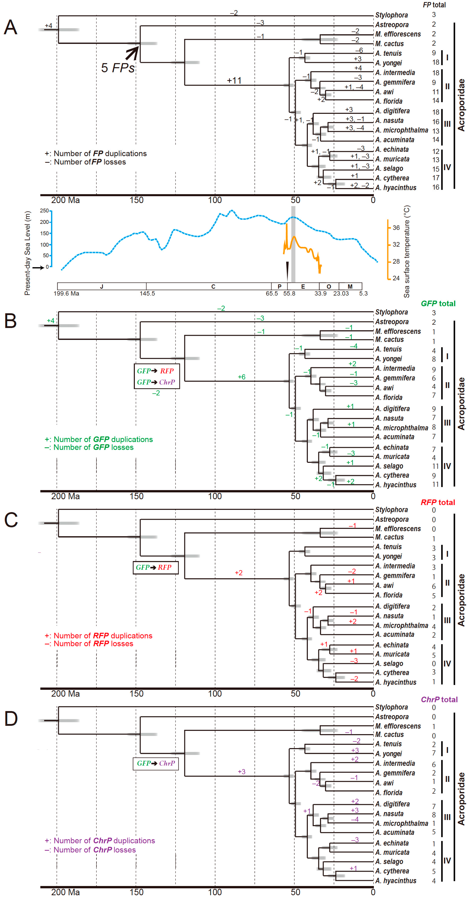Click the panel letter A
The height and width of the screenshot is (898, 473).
tap(11, 27)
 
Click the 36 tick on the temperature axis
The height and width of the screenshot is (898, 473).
tap(396, 228)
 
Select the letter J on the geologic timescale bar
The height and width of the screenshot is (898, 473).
tap(101, 286)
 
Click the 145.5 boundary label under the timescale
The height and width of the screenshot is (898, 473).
tap(147, 293)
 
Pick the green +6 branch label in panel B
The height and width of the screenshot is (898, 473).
tap(242, 377)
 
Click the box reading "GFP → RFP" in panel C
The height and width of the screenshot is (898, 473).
tap(156, 567)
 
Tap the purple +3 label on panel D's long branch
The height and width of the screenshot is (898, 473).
tap(242, 772)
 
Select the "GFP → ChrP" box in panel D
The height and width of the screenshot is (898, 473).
tap(156, 764)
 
